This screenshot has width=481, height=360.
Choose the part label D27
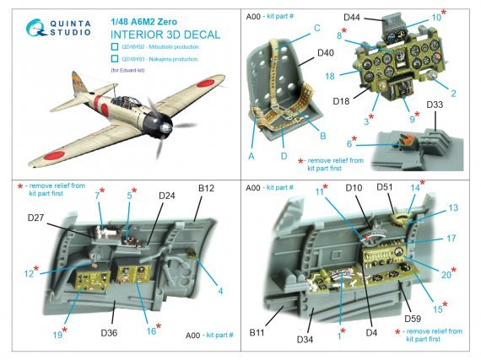pos(35,218)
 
